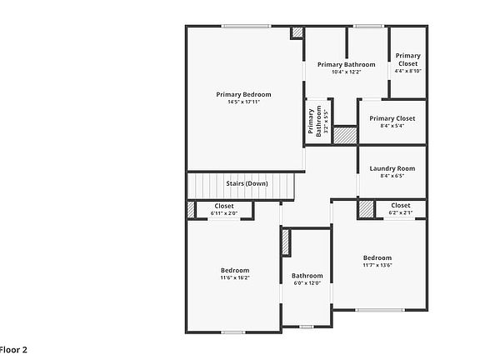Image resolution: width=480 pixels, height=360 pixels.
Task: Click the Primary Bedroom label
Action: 243,95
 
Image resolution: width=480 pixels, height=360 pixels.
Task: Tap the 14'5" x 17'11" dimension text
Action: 243,102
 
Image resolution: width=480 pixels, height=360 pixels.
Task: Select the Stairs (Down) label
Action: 247,183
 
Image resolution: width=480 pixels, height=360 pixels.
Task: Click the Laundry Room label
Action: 392,168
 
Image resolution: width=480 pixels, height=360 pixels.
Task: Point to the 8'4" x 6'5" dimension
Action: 392,176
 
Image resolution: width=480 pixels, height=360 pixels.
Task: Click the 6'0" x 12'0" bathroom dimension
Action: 307,283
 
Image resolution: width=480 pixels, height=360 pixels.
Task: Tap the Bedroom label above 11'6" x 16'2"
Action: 235,270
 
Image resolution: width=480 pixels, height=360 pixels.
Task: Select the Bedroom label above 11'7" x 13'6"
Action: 377,257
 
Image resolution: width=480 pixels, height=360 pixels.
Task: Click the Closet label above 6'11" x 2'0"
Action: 224,206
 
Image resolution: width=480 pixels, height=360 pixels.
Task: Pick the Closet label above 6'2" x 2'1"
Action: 401,205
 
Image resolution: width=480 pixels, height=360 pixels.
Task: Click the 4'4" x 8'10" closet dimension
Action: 408,71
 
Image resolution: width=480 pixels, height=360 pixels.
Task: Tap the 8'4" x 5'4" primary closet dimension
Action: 392,126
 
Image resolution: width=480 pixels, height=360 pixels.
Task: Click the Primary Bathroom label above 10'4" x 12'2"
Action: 347,65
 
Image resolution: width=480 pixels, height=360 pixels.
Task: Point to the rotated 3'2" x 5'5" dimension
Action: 326,119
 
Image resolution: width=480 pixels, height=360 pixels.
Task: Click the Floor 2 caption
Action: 13,350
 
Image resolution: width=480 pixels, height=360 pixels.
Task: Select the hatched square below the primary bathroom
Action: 345,135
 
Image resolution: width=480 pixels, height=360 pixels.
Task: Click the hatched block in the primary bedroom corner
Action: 297,32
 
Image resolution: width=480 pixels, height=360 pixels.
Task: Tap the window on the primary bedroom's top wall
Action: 246,27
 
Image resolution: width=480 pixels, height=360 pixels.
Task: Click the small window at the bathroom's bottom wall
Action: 307,327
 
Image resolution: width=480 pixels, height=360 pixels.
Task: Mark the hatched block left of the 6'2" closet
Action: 366,209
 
